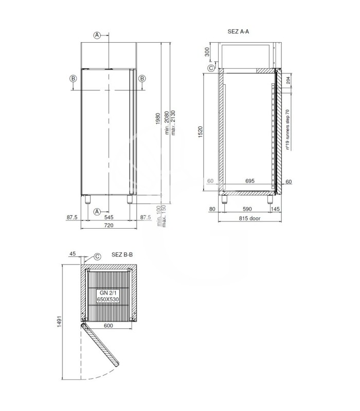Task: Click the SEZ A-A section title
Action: click(x=238, y=31)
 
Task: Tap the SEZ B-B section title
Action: click(x=122, y=254)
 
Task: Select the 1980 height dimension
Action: click(x=158, y=119)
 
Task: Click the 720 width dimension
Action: click(x=109, y=225)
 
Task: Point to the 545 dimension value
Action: click(x=109, y=217)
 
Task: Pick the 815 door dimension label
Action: click(x=249, y=218)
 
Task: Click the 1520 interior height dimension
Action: click(x=201, y=132)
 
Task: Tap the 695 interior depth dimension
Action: click(x=250, y=181)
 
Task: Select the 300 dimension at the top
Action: click(x=207, y=52)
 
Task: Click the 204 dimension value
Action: click(x=288, y=80)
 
